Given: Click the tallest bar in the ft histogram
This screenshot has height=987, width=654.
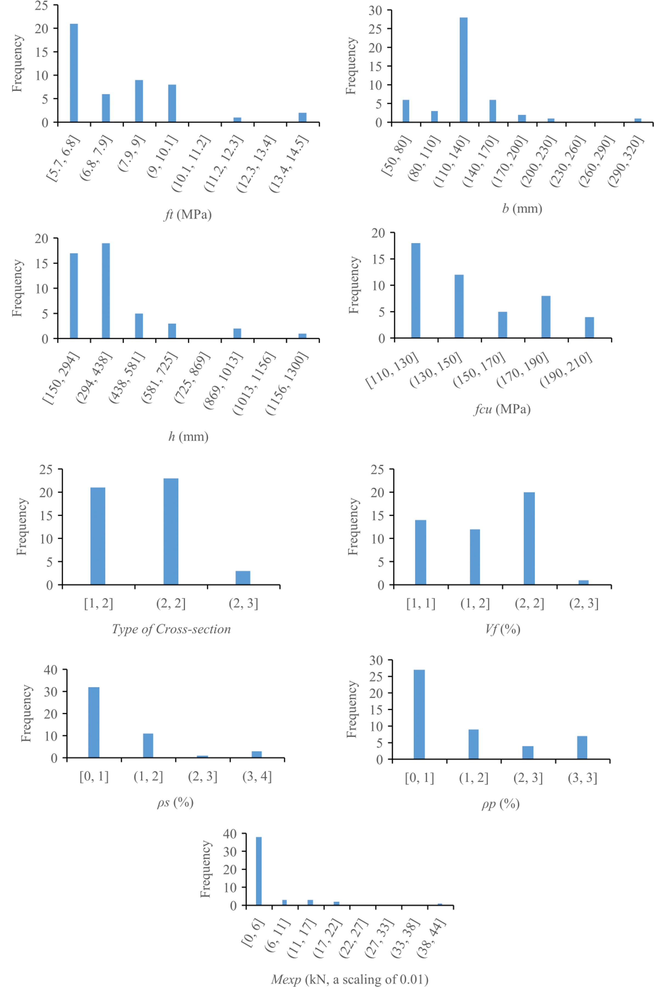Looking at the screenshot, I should tap(74, 73).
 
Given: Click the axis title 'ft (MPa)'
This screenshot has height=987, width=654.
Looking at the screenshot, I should tap(188, 215).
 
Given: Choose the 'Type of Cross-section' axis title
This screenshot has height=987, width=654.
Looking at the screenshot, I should tap(171, 629).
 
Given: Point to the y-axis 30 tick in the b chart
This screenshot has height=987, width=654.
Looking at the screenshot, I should tap(374, 10).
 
